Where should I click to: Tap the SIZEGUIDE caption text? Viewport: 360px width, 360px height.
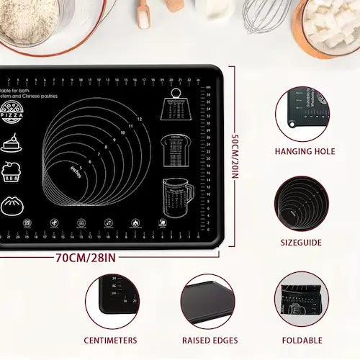(x=301, y=243)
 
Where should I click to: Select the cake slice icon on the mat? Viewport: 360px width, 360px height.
(x=9, y=142)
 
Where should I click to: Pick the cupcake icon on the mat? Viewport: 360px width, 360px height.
(x=10, y=172)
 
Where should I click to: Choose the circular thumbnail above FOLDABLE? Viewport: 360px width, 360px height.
(x=301, y=302)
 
